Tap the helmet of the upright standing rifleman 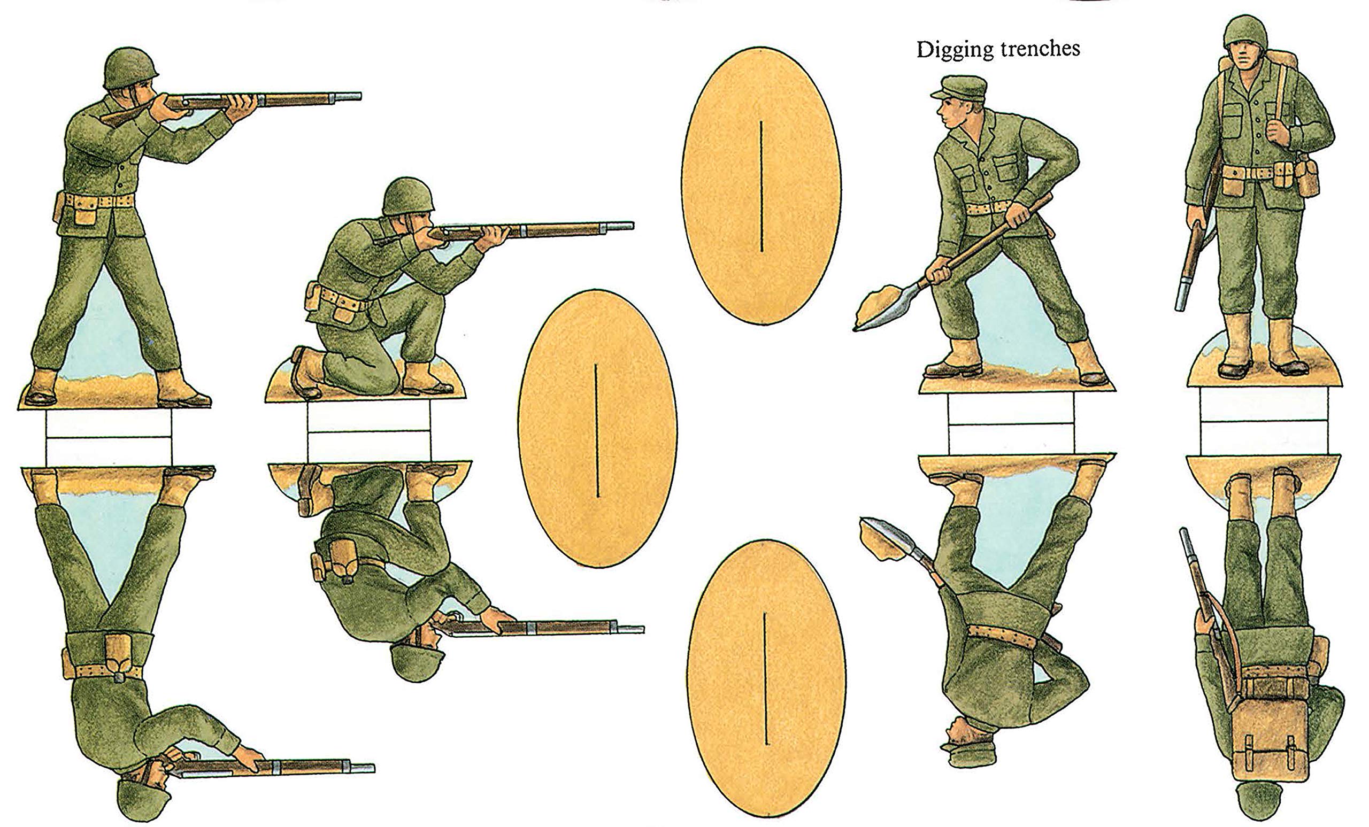[130, 67]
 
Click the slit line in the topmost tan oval [760, 186]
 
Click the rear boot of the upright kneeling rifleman [307, 372]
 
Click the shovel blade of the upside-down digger [886, 536]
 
